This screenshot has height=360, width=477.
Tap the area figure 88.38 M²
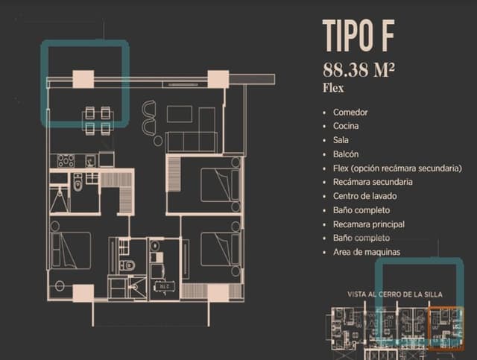click(358, 71)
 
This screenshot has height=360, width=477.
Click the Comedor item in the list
click(350, 112)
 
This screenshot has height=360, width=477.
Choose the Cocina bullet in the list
click(347, 126)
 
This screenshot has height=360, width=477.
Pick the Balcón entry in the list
click(347, 154)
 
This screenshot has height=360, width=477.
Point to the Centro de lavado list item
click(365, 196)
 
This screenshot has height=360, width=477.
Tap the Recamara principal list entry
click(369, 224)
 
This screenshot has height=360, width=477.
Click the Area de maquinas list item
click(366, 252)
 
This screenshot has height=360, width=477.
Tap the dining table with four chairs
click(98, 120)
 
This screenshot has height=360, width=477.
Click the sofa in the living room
click(191, 142)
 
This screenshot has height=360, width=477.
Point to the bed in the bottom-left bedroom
click(72, 250)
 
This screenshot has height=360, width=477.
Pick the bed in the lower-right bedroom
click(219, 248)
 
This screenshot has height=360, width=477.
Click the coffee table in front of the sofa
click(180, 114)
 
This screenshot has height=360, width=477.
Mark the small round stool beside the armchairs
click(157, 139)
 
